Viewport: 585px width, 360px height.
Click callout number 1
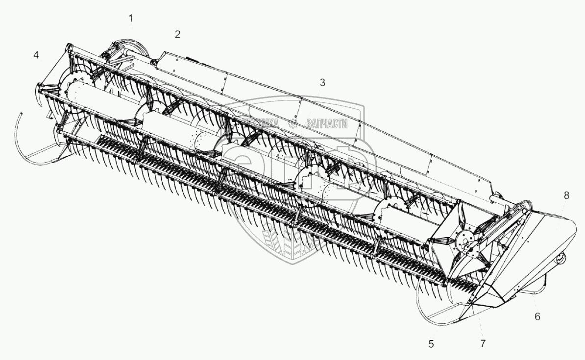click(130, 19)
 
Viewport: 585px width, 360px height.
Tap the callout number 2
click(177, 34)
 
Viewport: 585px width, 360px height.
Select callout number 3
click(322, 83)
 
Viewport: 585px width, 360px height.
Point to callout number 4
click(36, 55)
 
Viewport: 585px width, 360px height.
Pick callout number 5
click(431, 344)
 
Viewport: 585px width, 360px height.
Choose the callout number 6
click(537, 317)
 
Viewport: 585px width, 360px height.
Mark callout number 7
click(484, 344)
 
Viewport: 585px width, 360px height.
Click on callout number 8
click(566, 195)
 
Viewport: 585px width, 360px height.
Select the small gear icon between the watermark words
click(294, 123)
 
